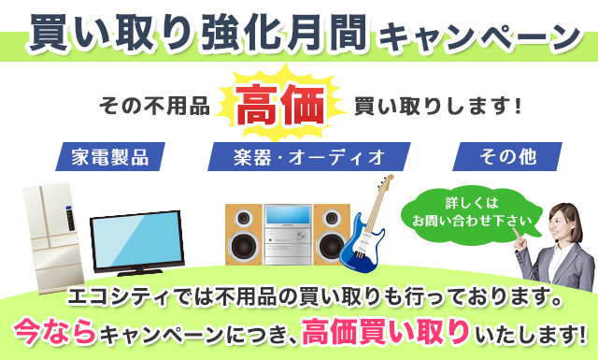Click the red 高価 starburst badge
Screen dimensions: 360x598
pyautogui.click(x=281, y=106)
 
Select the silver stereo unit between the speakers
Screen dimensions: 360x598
pyautogui.click(x=286, y=234)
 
